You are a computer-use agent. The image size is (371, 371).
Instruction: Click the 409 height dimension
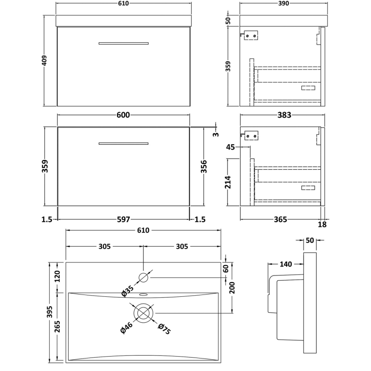(45, 61)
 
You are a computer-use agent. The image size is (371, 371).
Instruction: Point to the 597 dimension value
(123, 219)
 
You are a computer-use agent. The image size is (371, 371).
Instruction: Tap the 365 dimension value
(280, 219)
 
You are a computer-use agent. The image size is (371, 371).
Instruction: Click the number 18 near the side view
(322, 225)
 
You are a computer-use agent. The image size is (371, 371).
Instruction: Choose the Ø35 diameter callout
(127, 292)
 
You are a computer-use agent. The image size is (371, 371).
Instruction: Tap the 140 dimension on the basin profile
(286, 264)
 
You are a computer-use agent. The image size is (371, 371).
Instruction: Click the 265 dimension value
(58, 328)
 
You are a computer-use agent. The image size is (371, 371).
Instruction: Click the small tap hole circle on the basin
(143, 278)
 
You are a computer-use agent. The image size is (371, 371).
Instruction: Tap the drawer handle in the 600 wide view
(123, 143)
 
